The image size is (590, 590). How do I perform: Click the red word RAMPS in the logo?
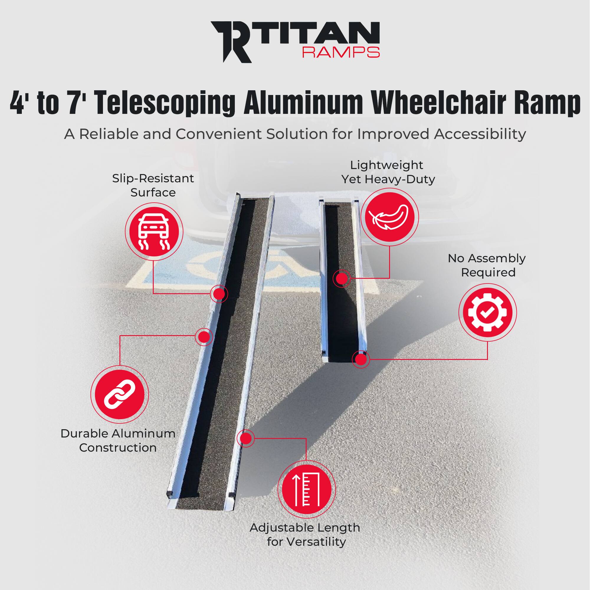point(340,53)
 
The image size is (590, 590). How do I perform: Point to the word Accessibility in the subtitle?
point(479,134)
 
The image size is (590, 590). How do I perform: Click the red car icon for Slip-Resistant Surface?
point(154,232)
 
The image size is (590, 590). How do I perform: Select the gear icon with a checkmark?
point(487,312)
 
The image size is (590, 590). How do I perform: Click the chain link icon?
point(119,395)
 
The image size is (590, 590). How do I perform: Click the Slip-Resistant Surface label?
point(153,185)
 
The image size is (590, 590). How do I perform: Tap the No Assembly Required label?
point(487,265)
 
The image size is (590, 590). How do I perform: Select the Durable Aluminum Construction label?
point(118,441)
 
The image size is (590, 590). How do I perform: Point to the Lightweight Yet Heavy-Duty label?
point(388,172)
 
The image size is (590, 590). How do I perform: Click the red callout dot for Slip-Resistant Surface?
point(219,294)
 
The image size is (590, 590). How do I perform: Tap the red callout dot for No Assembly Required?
point(361,359)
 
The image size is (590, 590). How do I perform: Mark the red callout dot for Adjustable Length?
point(245,439)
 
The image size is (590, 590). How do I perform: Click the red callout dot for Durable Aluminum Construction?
point(204,337)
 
